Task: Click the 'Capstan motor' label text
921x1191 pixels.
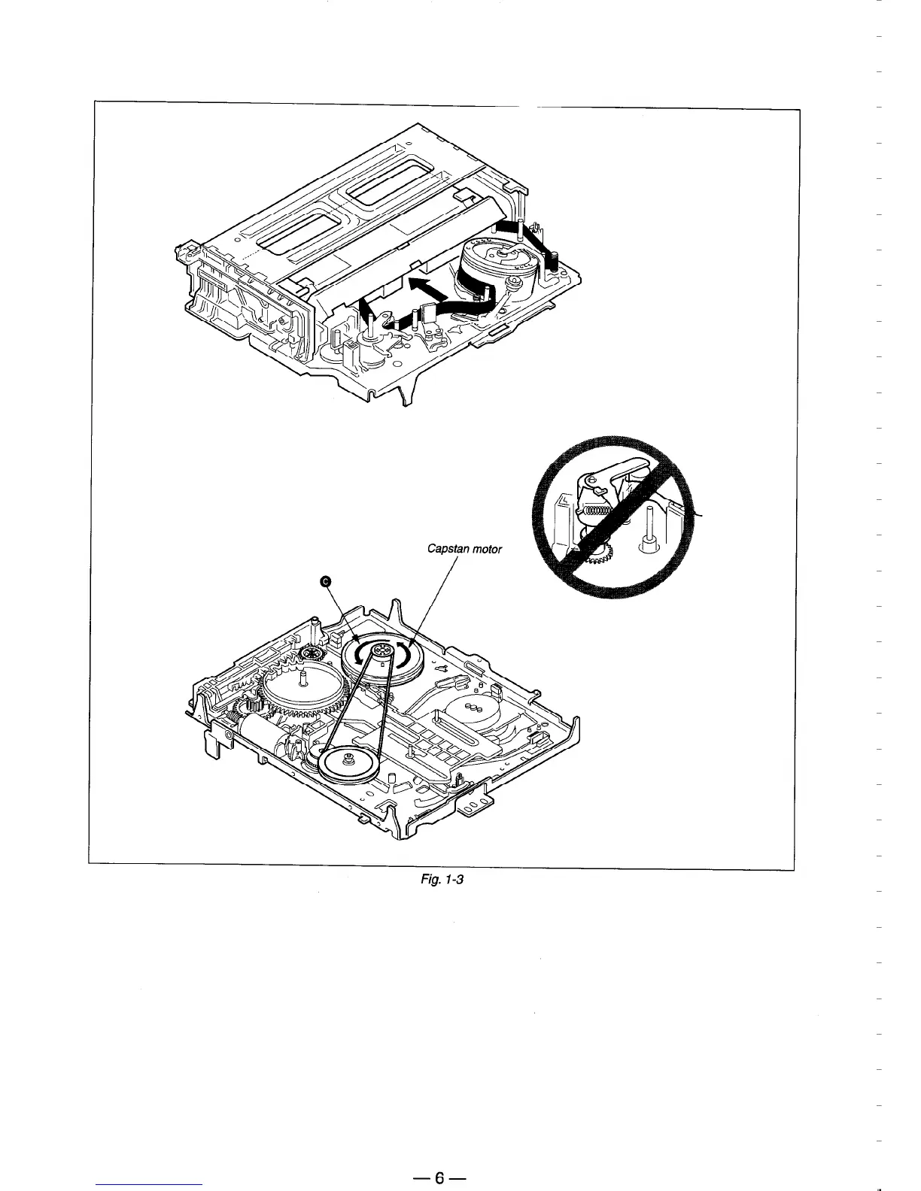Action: click(464, 548)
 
